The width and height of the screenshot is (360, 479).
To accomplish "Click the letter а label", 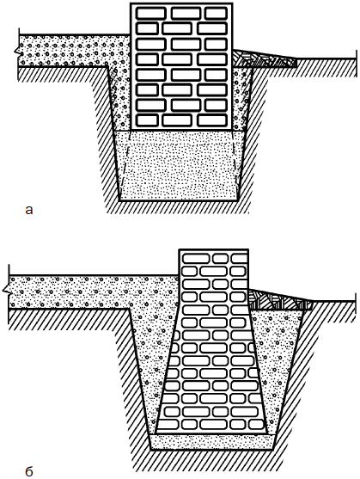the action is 29,210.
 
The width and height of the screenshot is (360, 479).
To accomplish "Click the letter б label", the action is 29,471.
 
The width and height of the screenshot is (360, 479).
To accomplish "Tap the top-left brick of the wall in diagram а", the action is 150,14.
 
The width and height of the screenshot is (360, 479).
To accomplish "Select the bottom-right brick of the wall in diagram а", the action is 212,120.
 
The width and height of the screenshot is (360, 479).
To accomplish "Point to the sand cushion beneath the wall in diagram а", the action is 180,165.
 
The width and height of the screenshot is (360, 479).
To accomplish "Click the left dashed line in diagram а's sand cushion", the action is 125,165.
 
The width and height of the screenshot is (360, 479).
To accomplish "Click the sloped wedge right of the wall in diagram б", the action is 279,301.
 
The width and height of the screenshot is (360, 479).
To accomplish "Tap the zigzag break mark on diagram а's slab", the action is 16,51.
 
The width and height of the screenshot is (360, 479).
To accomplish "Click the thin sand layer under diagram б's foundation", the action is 211,441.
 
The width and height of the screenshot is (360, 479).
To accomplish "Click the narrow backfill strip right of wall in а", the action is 241,98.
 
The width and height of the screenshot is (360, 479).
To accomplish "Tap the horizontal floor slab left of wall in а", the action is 73,51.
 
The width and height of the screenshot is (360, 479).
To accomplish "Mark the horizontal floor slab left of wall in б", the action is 92,292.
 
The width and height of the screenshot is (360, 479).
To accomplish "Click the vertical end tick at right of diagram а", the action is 356,64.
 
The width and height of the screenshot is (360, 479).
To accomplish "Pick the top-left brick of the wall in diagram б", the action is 196,259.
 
